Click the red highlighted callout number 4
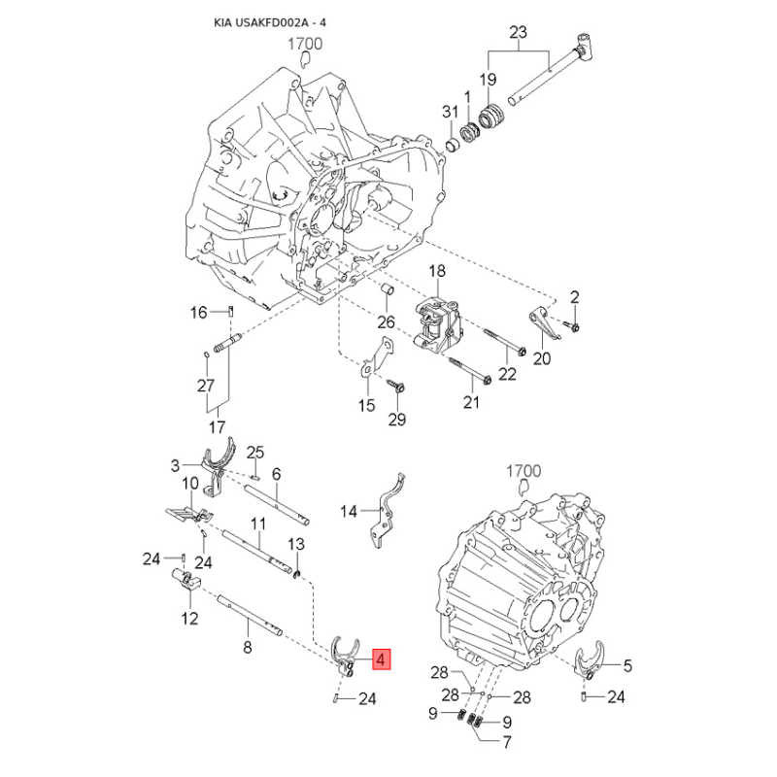[381, 659]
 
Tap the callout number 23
[519, 33]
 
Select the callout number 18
[437, 271]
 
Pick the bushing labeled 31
[452, 147]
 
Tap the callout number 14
[349, 511]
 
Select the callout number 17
[217, 426]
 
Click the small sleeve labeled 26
[388, 289]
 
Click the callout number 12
[189, 619]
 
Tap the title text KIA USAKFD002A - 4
[270, 23]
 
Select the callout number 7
[506, 742]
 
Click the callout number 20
[542, 357]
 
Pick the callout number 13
[296, 544]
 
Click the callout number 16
[199, 312]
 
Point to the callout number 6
[276, 474]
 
